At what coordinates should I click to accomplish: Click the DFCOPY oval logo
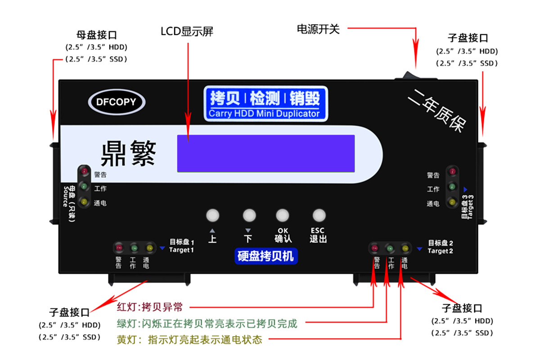116,102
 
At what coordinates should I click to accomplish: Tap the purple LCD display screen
265,153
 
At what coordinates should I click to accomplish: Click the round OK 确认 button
283,215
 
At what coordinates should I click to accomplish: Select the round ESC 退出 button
319,215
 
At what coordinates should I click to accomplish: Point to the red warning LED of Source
84,171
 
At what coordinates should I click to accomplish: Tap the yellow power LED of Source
84,202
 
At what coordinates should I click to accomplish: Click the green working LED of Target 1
134,247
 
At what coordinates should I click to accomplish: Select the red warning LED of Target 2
374,247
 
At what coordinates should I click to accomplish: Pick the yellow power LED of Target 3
452,202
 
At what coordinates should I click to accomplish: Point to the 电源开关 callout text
318,29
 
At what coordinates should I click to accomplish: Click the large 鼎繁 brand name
128,153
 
